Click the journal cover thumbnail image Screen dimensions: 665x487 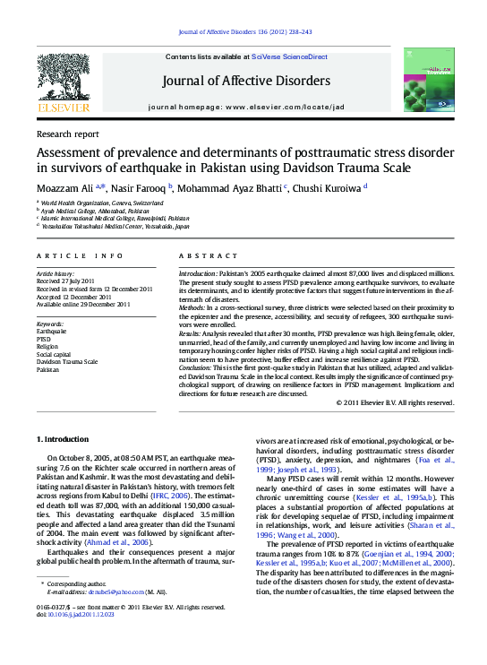pos(424,82)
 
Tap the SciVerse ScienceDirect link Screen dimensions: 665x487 pos(289,56)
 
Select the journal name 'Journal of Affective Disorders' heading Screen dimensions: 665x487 pos(245,81)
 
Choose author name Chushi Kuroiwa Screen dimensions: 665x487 pos(324,187)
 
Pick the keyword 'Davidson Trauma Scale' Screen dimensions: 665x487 pos(67,361)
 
